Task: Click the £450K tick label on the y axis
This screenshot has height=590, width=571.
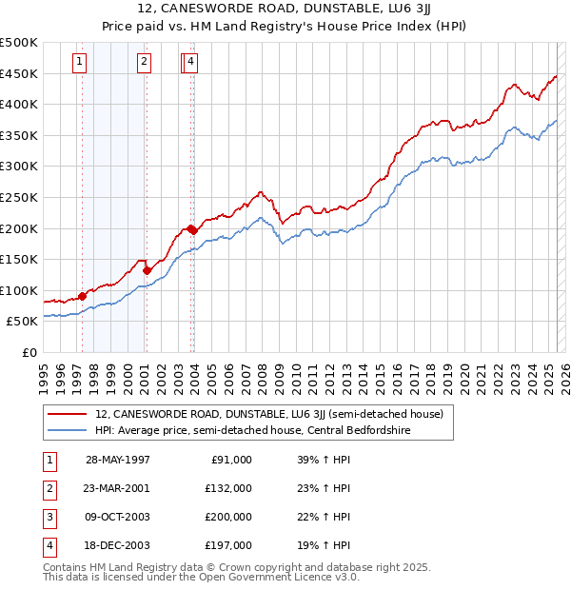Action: click(19, 73)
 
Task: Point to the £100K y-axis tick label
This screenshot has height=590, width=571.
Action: click(19, 290)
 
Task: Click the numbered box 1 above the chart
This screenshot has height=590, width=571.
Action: click(78, 63)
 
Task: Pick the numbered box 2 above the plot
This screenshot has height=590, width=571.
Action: click(144, 63)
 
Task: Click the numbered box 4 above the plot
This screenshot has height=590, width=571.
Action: click(191, 63)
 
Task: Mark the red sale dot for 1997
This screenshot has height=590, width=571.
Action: click(83, 296)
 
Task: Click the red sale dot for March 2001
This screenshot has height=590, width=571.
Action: click(147, 270)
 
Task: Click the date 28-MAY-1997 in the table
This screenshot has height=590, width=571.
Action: click(118, 460)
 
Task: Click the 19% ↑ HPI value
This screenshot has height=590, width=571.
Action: click(317, 545)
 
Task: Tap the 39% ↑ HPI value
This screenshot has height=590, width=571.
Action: click(317, 460)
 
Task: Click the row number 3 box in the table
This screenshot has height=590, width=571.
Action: click(49, 517)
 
